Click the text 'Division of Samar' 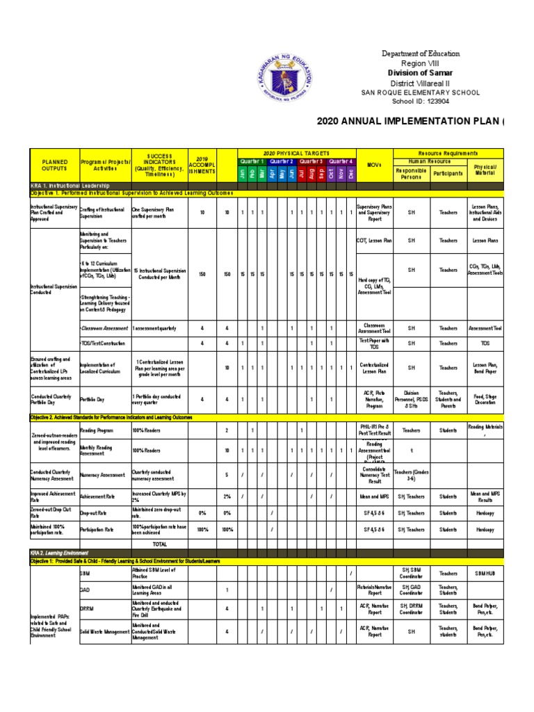click(x=421, y=73)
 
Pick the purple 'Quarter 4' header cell click(x=341, y=161)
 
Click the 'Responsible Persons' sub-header click(x=411, y=173)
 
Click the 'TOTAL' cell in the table click(x=159, y=543)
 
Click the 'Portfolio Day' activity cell click(x=94, y=399)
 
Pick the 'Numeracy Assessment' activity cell click(x=103, y=476)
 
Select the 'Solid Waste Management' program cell click(x=104, y=632)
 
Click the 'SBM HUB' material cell click(x=485, y=574)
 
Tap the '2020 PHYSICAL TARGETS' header click(x=296, y=152)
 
